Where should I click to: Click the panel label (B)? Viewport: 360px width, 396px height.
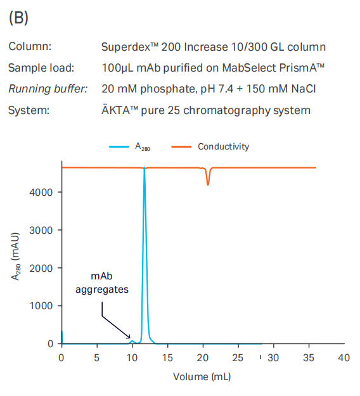coord(18,18)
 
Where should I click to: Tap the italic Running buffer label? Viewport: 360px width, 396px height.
coord(48,89)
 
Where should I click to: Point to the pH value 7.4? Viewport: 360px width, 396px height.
coord(224,89)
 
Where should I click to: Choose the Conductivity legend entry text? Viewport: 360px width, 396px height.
coord(223,146)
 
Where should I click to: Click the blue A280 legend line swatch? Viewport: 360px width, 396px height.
coord(119,147)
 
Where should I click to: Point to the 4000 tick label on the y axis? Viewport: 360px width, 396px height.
coord(41,193)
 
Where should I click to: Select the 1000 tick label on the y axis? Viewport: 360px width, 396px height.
coord(41,306)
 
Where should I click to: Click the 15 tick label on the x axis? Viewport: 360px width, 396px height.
coord(167,357)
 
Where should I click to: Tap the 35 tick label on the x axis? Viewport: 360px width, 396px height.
coord(309,357)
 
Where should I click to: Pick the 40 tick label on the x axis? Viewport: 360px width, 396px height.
coord(344,357)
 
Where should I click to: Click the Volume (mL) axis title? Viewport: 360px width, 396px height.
coord(202,377)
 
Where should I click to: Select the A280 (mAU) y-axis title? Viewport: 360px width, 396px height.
coord(15,257)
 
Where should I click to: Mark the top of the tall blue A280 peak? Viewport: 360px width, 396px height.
coord(145,167)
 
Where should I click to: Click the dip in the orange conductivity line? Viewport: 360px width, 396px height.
coord(208,184)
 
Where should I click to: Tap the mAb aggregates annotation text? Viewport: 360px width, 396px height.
coord(102,283)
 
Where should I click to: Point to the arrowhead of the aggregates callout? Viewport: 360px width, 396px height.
coord(129,337)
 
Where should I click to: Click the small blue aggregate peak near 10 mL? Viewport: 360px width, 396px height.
coord(132,342)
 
